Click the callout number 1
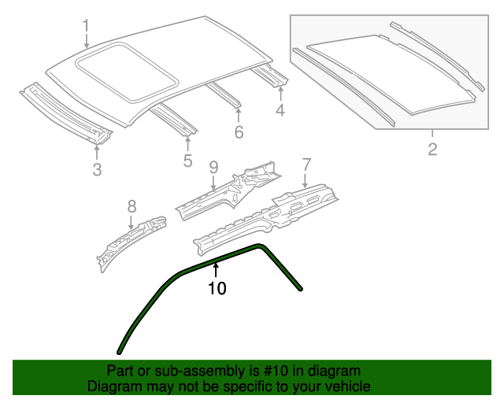(86, 28)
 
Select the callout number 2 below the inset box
(432, 149)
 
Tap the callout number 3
(97, 169)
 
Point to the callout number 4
(280, 111)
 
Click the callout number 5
(187, 161)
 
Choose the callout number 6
(239, 131)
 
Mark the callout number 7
(306, 165)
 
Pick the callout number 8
(132, 206)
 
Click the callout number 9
(213, 167)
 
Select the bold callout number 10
(217, 289)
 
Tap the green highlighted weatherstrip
(157, 291)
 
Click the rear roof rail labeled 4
(268, 76)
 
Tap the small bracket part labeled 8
(130, 241)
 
